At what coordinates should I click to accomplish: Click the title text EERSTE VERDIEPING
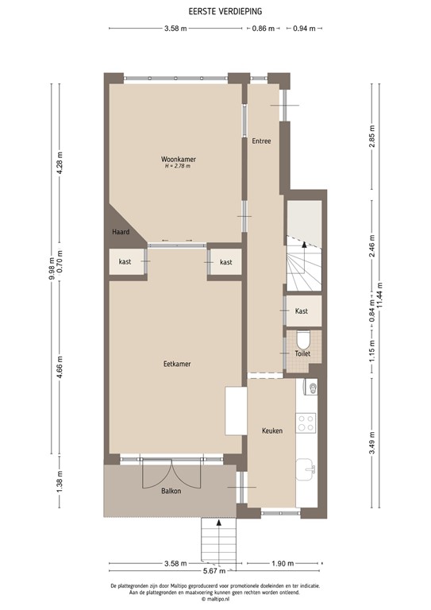coord(214,12)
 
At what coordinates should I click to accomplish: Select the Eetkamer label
coord(177,364)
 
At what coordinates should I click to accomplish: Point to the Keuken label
coord(272,430)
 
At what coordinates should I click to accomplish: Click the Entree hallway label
coord(261,141)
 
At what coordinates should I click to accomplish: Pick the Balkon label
coord(170,491)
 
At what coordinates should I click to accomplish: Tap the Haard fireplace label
coord(121,231)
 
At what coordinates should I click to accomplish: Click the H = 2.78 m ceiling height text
coord(178,167)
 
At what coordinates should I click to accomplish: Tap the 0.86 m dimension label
coord(262,29)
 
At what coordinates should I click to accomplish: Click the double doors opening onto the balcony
coord(162,474)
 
